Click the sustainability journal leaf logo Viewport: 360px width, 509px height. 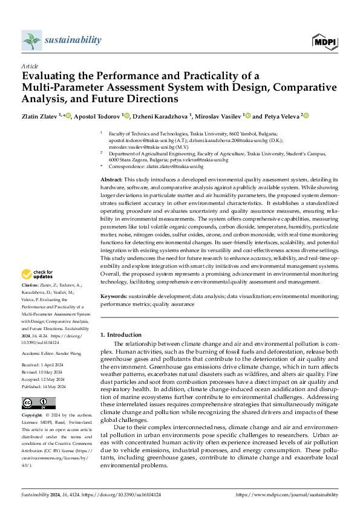(31, 41)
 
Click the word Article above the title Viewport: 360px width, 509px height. (30, 66)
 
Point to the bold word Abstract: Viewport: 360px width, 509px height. (111, 181)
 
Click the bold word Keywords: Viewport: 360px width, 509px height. (113, 297)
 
